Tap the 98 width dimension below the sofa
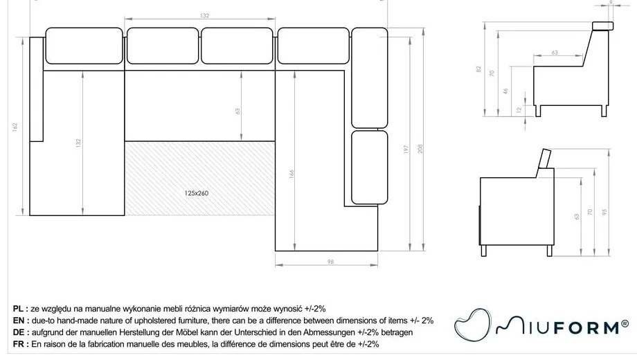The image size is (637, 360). coord(330,261)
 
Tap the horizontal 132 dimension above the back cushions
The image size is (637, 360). coord(204,15)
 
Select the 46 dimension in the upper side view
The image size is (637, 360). coord(506,91)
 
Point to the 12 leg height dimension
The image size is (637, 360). coord(519,109)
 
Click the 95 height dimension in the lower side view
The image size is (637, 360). coord(604,213)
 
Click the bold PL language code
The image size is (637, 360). coord(19,308)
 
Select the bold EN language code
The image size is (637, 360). coord(19,321)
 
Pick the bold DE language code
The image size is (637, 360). coord(19,332)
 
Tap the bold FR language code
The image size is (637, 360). coord(19,344)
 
